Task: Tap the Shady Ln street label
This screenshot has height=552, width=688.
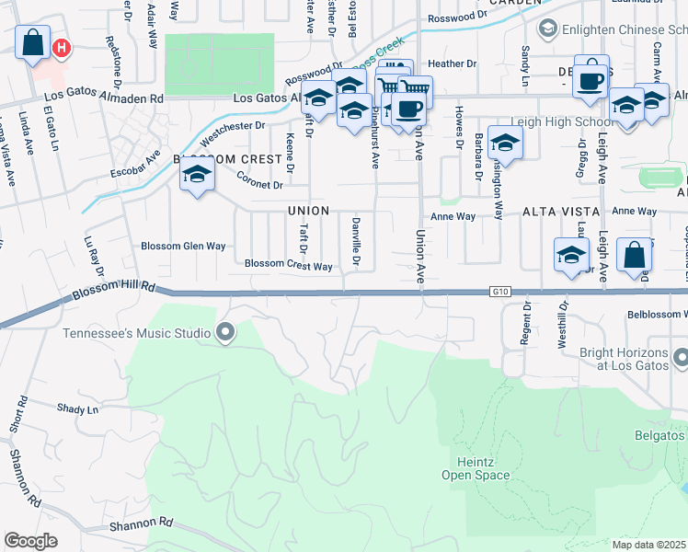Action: (x=77, y=408)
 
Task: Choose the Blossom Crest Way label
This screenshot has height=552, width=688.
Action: (x=288, y=266)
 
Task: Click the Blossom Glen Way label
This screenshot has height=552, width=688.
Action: (x=183, y=246)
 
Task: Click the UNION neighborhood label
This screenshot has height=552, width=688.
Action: (x=307, y=211)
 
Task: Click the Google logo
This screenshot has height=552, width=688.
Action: (x=31, y=540)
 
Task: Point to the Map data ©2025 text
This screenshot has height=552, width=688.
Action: (x=648, y=545)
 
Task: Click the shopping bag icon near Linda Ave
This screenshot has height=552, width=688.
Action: (x=32, y=43)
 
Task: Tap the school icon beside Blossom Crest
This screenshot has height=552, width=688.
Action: (x=196, y=175)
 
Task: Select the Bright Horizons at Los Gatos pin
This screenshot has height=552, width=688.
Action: (x=680, y=355)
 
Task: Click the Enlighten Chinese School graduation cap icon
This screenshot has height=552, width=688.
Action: (x=548, y=29)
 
